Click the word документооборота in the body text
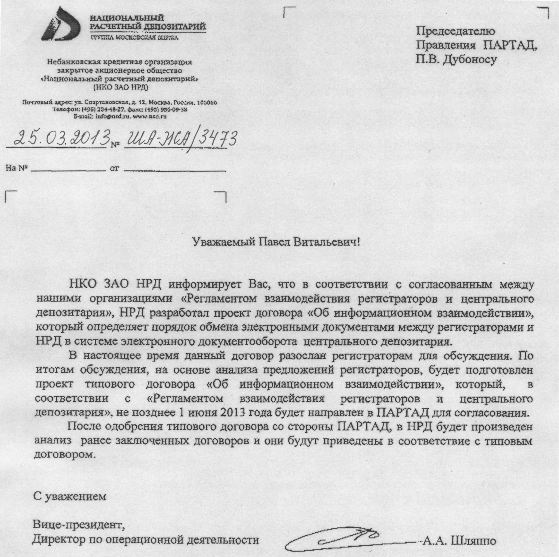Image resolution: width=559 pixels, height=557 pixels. coord(249,342)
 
